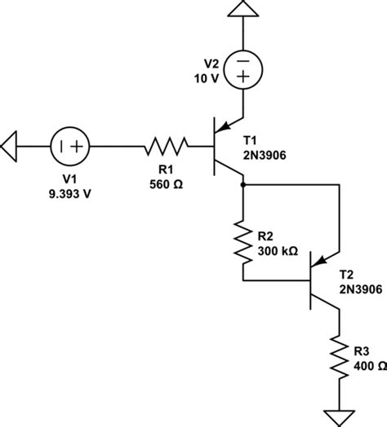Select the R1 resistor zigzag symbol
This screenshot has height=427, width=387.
pos(167,147)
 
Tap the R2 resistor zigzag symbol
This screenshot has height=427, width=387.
pos(244,240)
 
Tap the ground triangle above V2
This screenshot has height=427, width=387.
pos(244,10)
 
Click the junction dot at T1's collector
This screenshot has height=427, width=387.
pos(244,185)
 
